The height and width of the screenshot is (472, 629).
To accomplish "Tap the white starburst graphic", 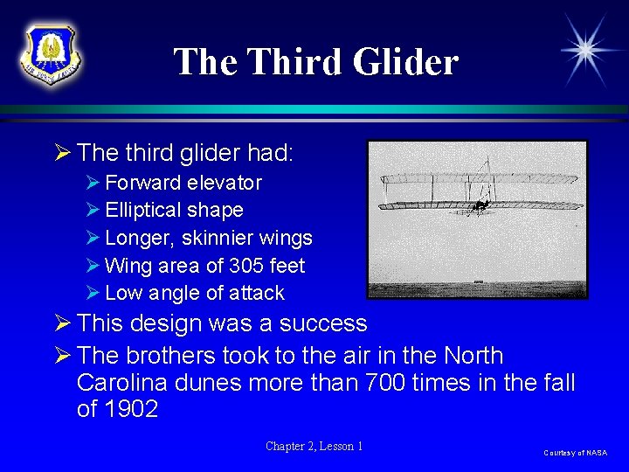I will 587,49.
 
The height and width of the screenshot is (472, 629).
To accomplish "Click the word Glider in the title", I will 405,62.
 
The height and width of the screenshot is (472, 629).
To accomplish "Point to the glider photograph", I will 477,219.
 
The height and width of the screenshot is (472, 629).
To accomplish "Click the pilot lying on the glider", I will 480,206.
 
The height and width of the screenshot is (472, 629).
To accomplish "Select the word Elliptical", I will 141,211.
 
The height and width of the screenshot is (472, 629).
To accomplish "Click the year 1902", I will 129,409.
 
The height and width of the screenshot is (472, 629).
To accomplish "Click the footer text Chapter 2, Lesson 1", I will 314,447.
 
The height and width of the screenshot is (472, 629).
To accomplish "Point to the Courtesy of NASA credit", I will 575,453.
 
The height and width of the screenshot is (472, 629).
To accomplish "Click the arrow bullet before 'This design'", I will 61,323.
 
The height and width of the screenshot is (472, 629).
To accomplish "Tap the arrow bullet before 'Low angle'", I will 93,293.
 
